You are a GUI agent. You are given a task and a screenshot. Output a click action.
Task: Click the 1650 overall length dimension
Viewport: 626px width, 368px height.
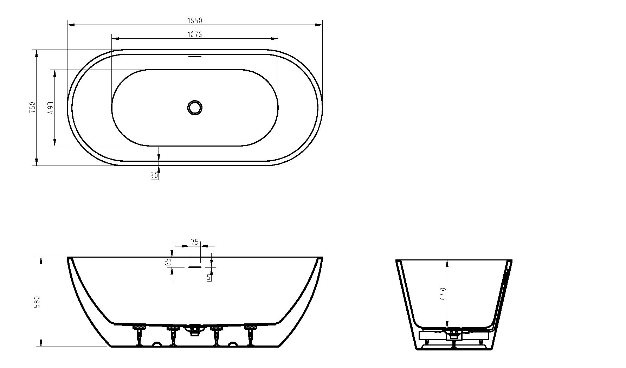point(194,21)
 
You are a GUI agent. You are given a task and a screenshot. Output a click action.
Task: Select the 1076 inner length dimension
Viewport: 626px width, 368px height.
point(194,34)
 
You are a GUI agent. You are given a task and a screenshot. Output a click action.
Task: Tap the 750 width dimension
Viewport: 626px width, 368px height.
point(33,107)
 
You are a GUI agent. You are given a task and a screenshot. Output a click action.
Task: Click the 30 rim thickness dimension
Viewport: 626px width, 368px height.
point(154,175)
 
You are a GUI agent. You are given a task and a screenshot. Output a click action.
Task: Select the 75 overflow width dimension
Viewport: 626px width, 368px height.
point(195,242)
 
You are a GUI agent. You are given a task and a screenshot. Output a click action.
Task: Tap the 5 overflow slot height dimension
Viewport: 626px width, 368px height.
point(209,278)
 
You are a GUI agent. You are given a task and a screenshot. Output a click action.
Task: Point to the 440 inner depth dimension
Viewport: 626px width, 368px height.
point(443,294)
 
